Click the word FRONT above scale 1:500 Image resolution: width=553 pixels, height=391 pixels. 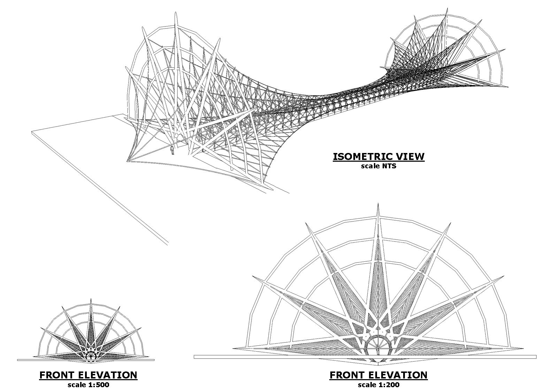click(56, 375)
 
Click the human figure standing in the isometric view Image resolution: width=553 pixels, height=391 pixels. click(172, 150)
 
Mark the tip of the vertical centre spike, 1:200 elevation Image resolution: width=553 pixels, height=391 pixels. click(378, 204)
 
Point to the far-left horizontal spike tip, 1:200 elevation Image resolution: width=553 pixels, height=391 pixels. click(233, 348)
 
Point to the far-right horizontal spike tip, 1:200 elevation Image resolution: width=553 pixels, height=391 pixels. click(523, 348)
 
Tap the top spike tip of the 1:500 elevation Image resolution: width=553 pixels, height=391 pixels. click(91, 299)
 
